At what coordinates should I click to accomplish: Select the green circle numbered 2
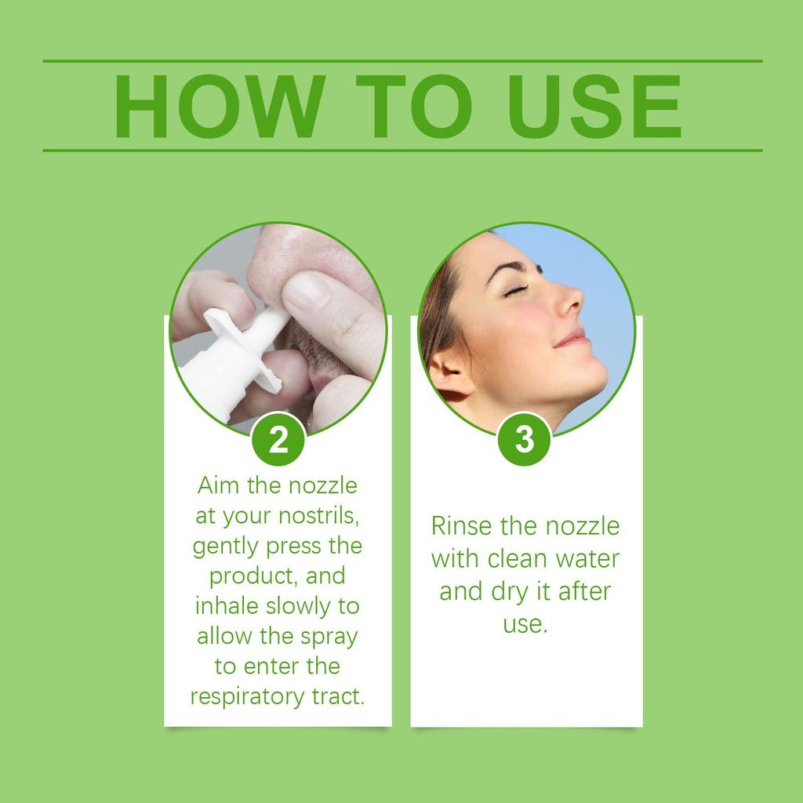tap(278, 439)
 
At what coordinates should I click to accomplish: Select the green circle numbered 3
tap(525, 439)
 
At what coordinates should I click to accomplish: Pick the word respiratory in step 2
tap(247, 697)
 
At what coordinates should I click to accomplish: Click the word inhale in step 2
tap(227, 606)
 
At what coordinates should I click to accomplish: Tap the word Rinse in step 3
tap(461, 526)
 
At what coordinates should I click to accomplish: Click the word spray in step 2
tap(329, 638)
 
